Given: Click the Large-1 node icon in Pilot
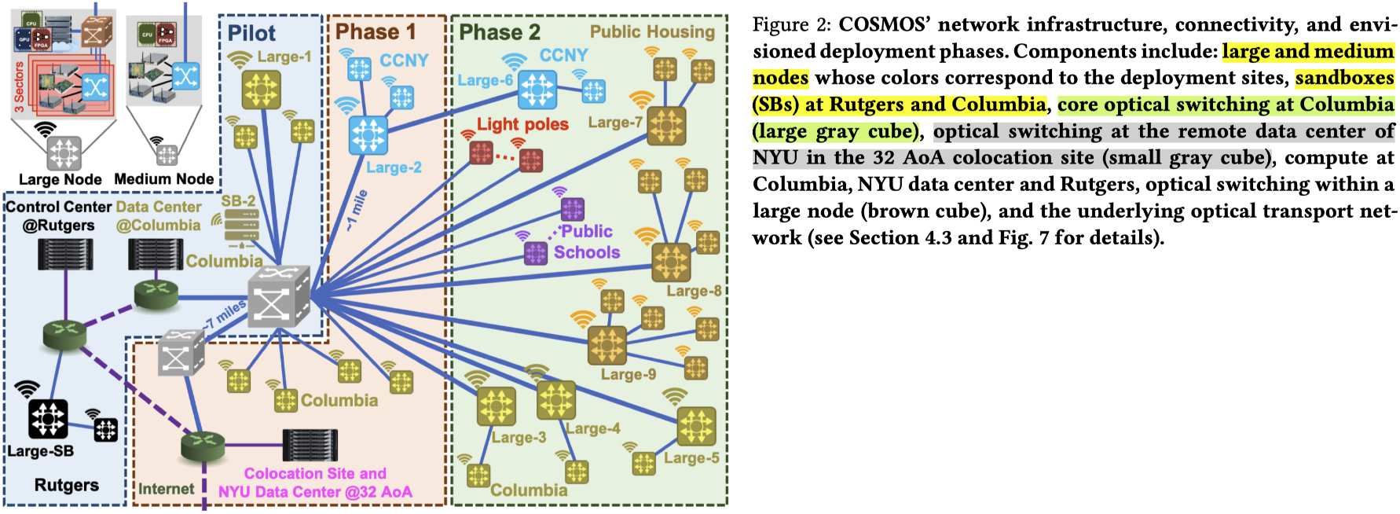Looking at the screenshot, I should point(261,90).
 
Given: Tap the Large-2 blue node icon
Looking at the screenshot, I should point(368,134).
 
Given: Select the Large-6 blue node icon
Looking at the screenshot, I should point(537,89).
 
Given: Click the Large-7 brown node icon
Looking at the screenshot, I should point(666,126).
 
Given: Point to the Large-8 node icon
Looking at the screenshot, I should point(671,262).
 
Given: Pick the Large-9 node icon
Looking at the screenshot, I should point(607,345).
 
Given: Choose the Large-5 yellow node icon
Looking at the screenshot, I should point(696,426).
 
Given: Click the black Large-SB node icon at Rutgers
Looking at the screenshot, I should point(48,419).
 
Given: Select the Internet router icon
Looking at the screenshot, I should point(203,446).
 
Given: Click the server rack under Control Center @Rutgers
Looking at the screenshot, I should point(65,254).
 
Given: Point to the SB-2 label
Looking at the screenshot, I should point(238,201).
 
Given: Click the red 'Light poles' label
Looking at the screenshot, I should point(522,124).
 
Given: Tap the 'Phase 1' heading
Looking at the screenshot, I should point(376,32).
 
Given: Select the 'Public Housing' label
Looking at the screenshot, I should point(652,32).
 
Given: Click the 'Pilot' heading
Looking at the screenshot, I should point(251,33).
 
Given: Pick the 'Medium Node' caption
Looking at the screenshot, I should point(163,179).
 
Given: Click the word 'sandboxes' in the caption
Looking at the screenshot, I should point(1344,78).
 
